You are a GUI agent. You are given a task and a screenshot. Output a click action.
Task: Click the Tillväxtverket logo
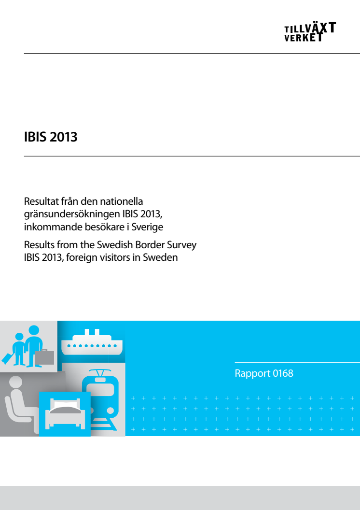[310, 32]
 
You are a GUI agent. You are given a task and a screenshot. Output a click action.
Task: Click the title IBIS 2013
[51, 137]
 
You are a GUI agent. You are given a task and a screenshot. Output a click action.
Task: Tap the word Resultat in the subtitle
[42, 201]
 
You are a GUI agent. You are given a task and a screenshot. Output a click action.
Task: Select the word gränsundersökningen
[72, 214]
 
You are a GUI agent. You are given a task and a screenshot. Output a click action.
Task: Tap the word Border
[150, 244]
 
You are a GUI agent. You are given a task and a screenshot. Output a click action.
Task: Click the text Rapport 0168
[264, 373]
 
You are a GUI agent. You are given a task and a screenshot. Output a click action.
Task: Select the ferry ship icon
[92, 342]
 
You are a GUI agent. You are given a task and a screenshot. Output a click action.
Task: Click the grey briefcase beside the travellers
[44, 357]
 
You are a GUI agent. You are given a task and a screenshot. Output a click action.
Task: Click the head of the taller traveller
[34, 330]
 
